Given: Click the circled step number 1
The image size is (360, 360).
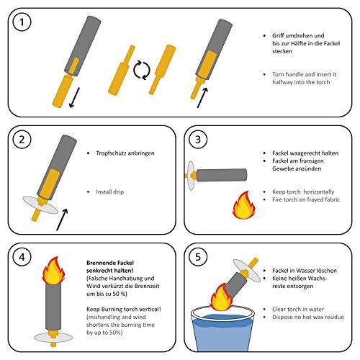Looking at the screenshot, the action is coord(22,22).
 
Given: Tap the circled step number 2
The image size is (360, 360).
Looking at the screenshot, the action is coord(22,140).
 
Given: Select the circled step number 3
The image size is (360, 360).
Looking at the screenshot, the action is coord(198,140).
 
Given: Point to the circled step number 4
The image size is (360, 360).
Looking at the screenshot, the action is coord(22,257).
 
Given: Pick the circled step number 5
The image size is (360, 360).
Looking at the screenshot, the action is coord(198,257).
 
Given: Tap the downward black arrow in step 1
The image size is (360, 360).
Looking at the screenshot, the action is coord(74,98).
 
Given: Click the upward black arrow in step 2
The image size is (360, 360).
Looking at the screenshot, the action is coord(62,220).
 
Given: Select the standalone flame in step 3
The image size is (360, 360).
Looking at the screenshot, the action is coord(244,205).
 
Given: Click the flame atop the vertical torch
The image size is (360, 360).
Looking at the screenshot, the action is coord(53,271).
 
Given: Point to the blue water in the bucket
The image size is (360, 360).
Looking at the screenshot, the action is coord(222,333).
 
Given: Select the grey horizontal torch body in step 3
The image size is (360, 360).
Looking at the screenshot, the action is coord(222,175).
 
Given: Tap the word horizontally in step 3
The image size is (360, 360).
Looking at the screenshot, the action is coord(319,192).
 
